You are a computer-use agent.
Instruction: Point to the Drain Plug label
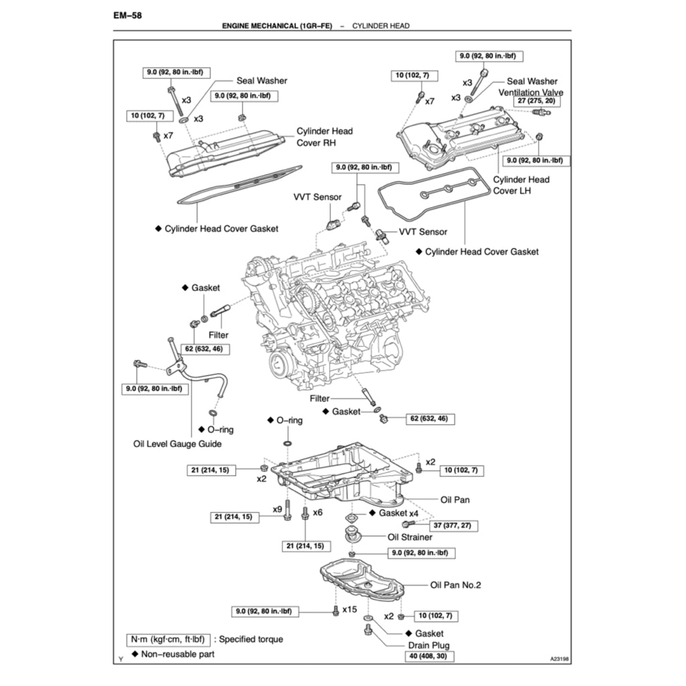tap(429, 645)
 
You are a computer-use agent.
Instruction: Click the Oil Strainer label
tap(410, 537)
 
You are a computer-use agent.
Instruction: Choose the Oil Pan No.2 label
tap(456, 585)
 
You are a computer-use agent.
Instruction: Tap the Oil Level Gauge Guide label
tap(178, 443)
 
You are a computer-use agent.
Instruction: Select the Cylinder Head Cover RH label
tap(324, 137)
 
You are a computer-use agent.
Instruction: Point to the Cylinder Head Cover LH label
tap(521, 185)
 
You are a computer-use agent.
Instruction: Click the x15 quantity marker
tap(349, 610)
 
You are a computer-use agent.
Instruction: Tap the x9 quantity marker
tap(277, 509)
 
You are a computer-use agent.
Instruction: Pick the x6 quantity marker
tap(318, 512)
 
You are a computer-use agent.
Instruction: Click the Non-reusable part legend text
tap(178, 654)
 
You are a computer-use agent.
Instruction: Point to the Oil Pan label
tap(456, 500)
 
